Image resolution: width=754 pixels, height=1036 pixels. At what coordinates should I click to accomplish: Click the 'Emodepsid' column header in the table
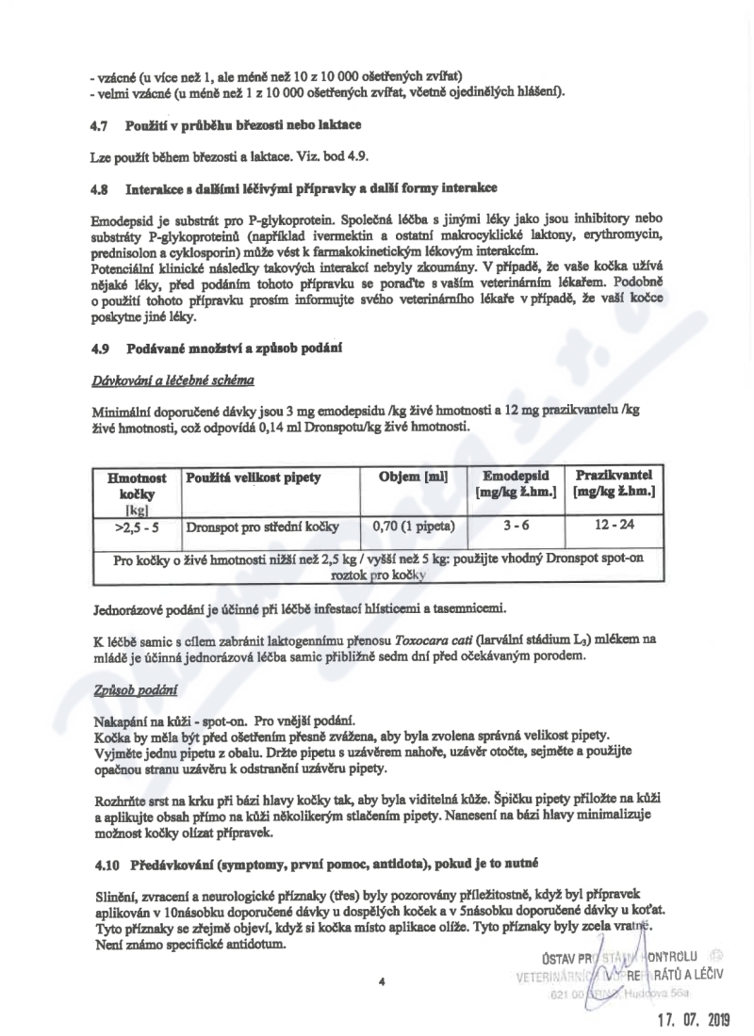(516, 476)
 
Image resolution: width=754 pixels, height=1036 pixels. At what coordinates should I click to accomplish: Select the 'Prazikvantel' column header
(613, 475)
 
